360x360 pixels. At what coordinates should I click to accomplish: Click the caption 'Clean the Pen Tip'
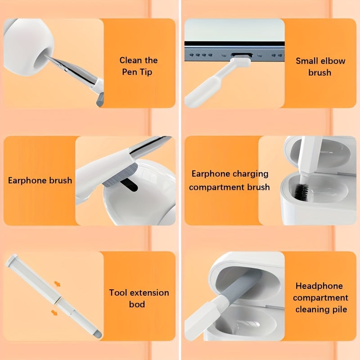pos(138,66)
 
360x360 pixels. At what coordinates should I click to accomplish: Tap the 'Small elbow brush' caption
pos(319,66)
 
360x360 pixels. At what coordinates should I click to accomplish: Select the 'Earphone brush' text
pos(40,180)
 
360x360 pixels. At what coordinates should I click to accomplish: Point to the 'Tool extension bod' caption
pos(139,298)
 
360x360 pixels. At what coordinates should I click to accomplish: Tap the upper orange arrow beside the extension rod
pos(58,284)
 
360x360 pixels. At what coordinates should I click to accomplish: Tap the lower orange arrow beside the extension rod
pos(54,312)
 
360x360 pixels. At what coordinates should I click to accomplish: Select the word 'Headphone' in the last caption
pos(319,286)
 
